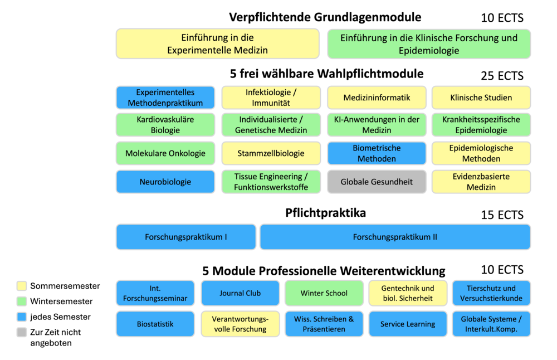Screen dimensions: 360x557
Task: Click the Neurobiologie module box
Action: point(165,182)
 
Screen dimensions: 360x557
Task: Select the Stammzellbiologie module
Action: point(271,153)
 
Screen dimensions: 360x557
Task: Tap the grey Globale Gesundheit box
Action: point(377,182)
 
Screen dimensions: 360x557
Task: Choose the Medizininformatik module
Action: point(377,98)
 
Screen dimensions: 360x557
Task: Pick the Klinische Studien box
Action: point(481,98)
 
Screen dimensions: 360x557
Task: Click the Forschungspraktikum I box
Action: point(186,237)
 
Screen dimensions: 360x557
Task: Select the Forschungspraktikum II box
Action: point(395,237)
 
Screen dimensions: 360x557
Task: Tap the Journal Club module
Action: point(240,293)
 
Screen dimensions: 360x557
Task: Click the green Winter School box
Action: point(324,293)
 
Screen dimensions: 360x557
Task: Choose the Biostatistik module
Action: point(155,324)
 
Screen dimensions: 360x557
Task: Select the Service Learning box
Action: point(408,324)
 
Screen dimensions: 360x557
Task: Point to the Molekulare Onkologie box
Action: point(165,153)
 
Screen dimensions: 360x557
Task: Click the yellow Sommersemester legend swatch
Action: point(22,286)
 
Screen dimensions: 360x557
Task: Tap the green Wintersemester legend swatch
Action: point(22,301)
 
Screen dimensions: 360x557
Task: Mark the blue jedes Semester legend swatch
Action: point(22,317)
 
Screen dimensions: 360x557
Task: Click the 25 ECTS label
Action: point(502,75)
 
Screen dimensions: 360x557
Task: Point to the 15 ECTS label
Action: point(502,215)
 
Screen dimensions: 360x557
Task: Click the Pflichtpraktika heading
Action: point(325,213)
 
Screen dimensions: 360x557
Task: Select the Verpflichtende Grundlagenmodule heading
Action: point(325,17)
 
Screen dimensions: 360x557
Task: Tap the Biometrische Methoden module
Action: point(377,153)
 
